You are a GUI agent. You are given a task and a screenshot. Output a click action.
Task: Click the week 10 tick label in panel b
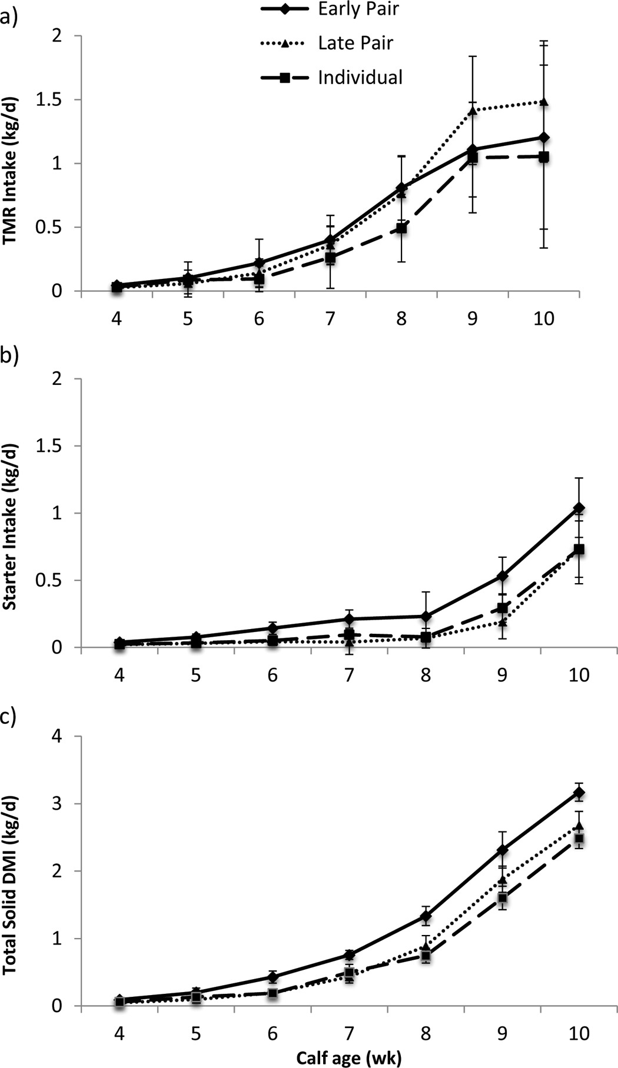579,674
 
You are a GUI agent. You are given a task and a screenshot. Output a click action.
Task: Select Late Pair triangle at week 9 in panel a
473,111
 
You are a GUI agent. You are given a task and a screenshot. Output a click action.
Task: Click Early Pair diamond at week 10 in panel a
544,137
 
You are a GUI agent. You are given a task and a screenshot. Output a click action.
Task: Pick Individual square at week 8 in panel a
401,228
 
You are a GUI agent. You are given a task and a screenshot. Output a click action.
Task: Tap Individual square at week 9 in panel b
502,608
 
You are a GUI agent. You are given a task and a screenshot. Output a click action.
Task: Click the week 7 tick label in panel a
330,318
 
